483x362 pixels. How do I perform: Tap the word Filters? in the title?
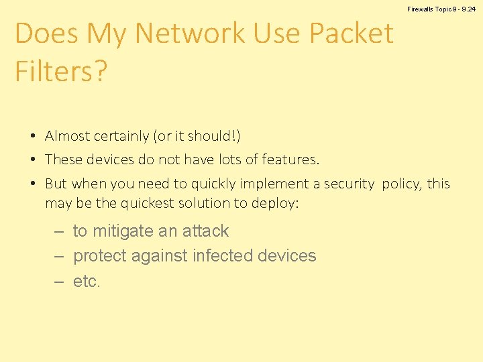[x=61, y=71]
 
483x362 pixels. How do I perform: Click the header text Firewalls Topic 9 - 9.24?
[x=441, y=9]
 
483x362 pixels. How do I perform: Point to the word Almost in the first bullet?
[x=67, y=136]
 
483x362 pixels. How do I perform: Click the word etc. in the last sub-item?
[x=87, y=282]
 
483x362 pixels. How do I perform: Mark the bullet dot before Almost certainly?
[x=32, y=137]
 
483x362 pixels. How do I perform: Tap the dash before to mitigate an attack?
[x=59, y=231]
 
